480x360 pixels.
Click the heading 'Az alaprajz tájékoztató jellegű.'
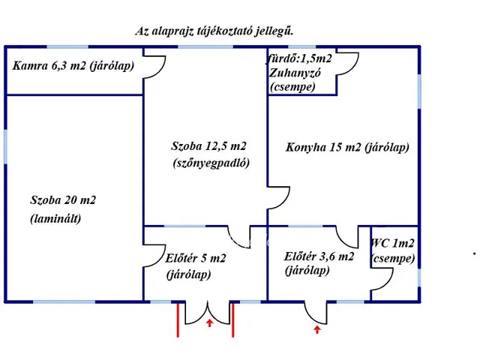[x=214, y=31]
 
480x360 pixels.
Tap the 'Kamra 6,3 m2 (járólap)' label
[x=73, y=65]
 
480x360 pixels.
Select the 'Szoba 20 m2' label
[x=63, y=200]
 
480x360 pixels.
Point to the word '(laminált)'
[x=55, y=219]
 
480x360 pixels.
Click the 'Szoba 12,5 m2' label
[x=208, y=146]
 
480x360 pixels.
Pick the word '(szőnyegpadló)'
[x=211, y=163]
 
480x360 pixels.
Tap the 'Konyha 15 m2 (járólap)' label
[x=347, y=148]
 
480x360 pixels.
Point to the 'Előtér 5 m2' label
[x=196, y=258]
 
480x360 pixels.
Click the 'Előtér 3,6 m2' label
[x=319, y=256]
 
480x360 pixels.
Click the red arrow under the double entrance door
[x=209, y=323]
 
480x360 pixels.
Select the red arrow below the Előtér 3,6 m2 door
[x=316, y=328]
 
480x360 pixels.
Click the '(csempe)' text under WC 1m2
[x=393, y=259]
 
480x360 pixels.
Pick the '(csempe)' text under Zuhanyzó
[x=292, y=87]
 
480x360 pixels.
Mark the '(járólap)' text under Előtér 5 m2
[x=188, y=274]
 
